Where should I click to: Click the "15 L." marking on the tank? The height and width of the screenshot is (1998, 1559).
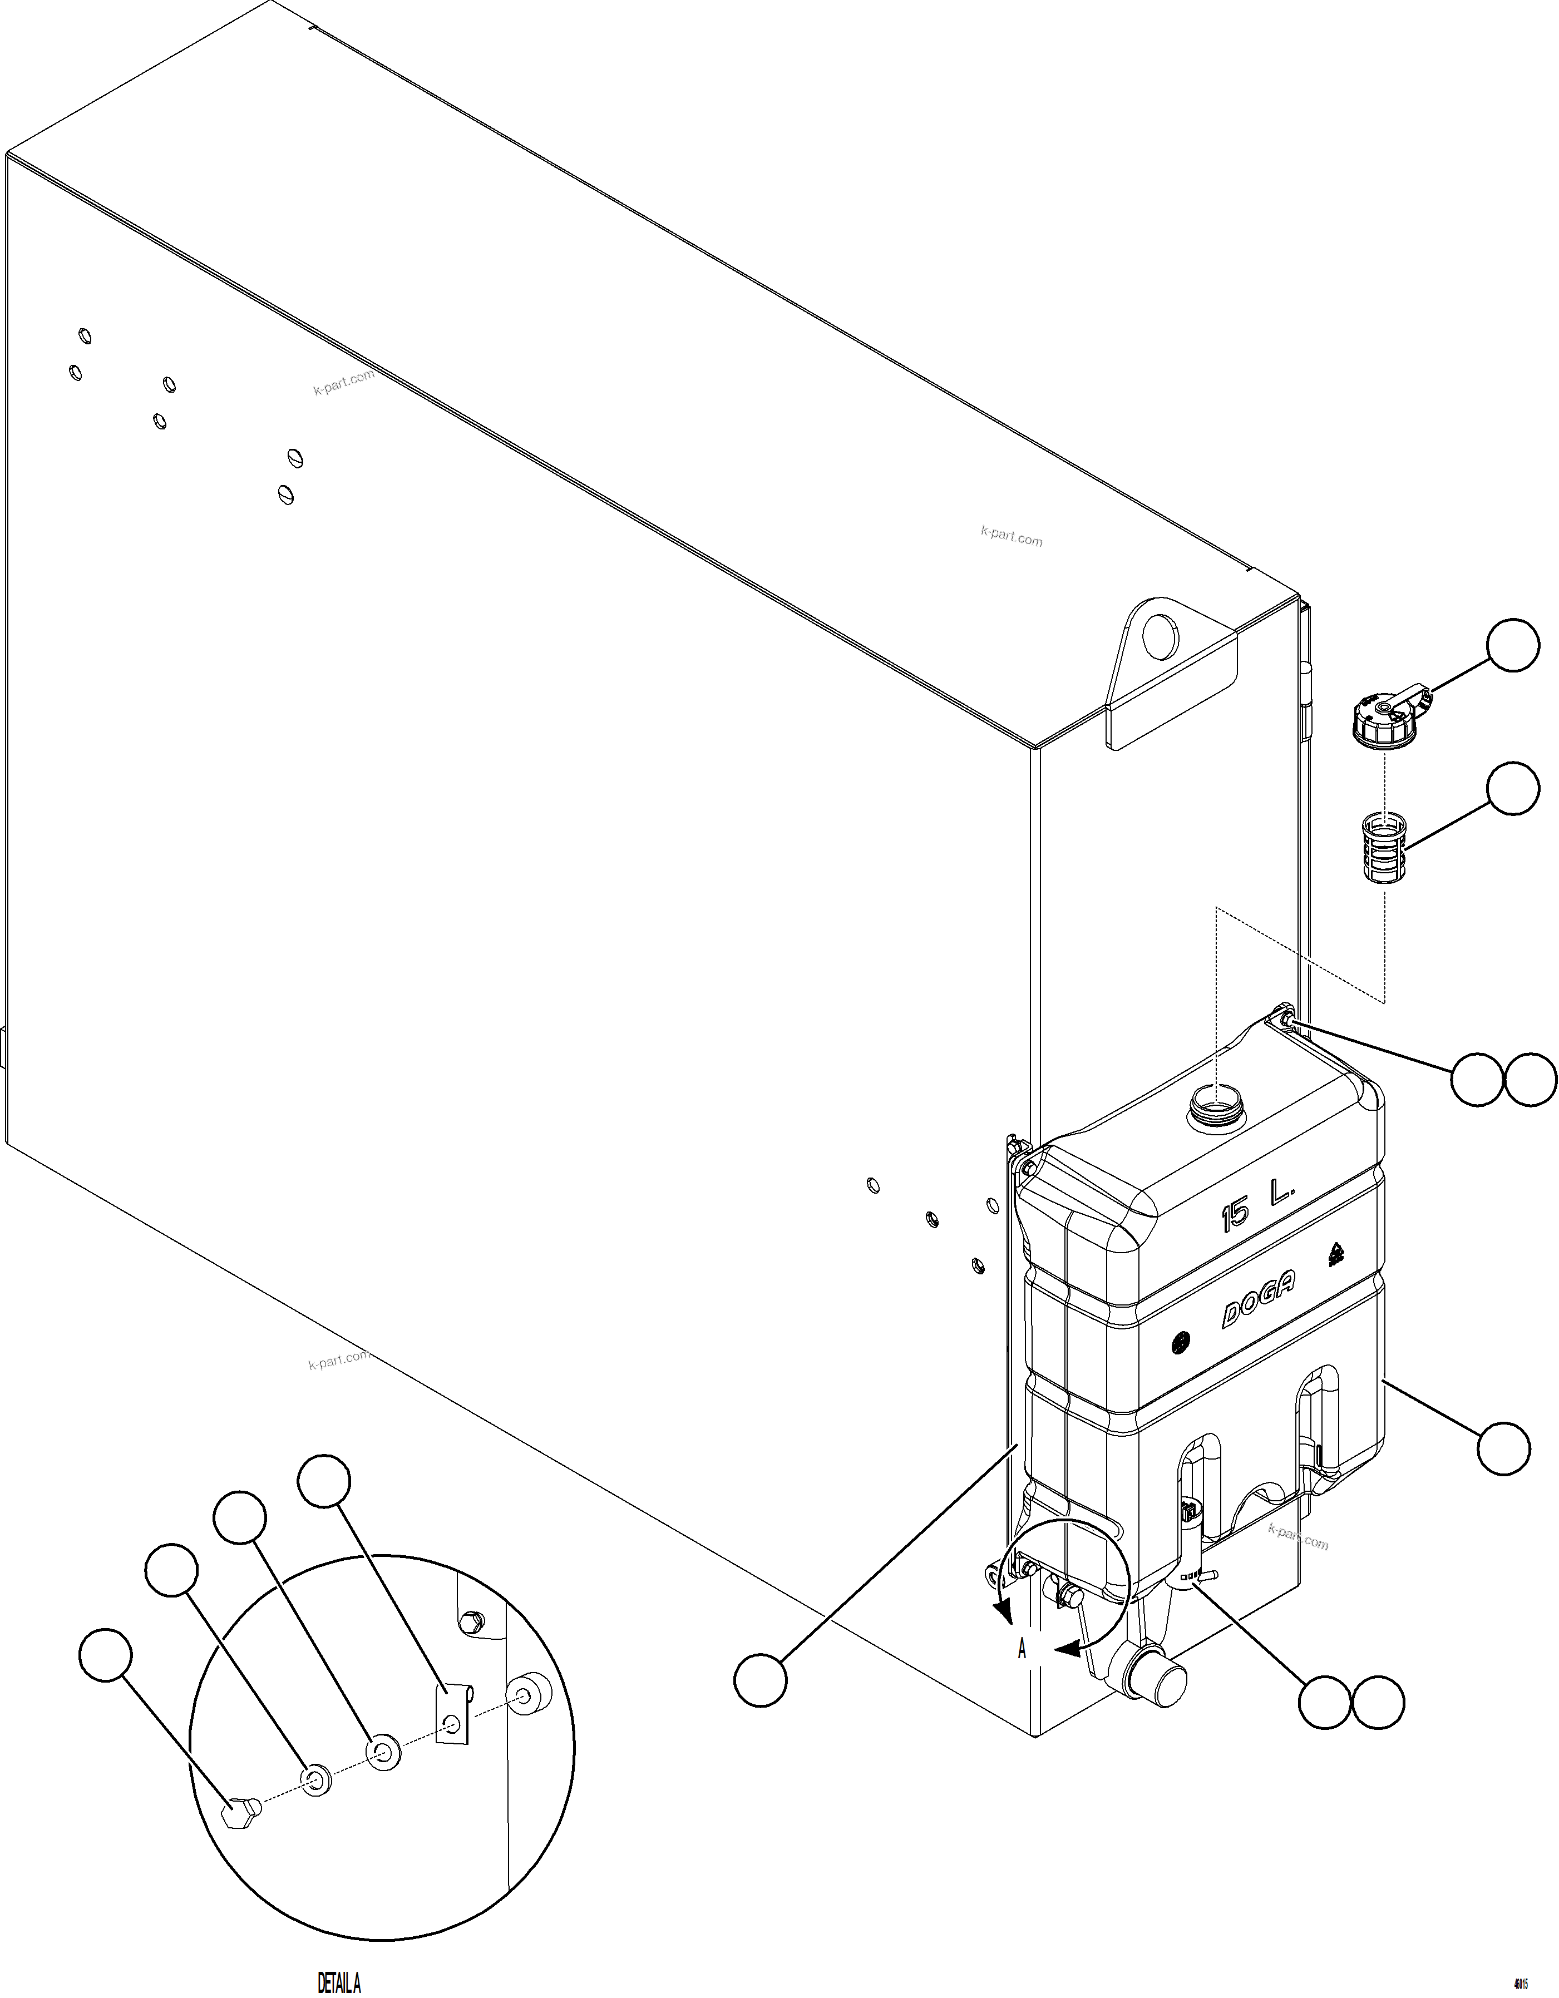click(1258, 1209)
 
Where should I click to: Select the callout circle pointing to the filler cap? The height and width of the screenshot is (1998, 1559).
click(1512, 645)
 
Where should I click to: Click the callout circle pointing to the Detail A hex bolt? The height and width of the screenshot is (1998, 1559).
click(107, 1654)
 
